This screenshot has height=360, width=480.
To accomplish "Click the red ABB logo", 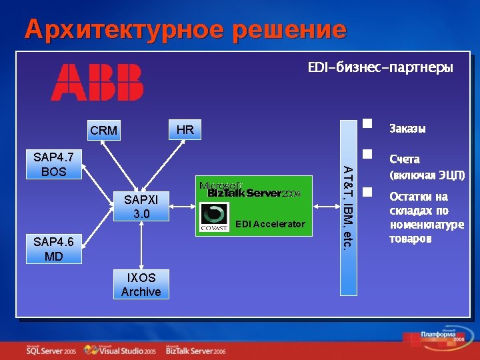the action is [97, 82].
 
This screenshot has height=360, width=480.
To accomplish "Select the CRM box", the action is [103, 131].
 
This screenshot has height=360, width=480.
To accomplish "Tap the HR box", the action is [185, 129].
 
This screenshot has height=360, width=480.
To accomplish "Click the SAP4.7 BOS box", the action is [53, 165].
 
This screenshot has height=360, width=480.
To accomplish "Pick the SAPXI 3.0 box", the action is [141, 206].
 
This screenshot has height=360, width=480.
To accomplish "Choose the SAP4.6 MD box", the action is [53, 249].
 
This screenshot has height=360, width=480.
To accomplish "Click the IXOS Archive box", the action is [141, 285].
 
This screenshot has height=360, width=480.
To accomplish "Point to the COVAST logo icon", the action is [215, 217].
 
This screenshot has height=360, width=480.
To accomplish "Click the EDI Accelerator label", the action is [270, 224].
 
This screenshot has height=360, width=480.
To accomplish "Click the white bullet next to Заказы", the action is [366, 123].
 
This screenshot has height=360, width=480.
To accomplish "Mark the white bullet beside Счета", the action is [366, 154].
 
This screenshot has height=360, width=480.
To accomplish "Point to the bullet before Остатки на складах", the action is [366, 192].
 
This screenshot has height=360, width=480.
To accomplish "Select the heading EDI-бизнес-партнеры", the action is [380, 68].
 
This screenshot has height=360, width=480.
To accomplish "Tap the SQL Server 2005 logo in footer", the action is [51, 350].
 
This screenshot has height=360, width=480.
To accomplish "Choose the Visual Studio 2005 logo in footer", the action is [121, 350].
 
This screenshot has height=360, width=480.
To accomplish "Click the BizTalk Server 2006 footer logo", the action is [196, 350].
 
